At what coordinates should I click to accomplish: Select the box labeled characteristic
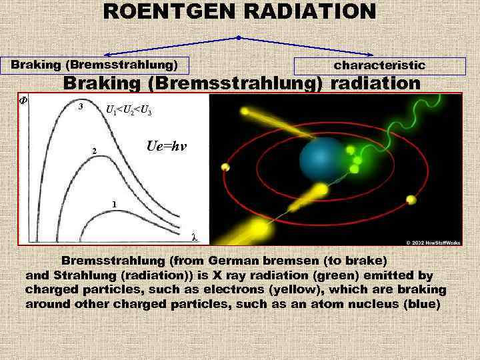[379, 65]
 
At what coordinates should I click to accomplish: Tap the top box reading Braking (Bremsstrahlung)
[94, 65]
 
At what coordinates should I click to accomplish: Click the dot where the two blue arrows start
[239, 37]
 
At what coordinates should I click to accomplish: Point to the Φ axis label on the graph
[22, 101]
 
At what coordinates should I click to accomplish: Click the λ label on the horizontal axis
[194, 237]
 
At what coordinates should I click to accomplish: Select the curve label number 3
[81, 107]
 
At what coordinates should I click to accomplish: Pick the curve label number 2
[94, 151]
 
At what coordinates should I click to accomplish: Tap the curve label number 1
[114, 204]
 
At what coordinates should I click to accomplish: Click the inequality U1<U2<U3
[129, 110]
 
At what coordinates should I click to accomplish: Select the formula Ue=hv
[166, 147]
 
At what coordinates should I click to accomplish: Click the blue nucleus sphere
[323, 160]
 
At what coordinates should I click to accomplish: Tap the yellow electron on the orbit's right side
[411, 199]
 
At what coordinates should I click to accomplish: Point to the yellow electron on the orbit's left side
[225, 167]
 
